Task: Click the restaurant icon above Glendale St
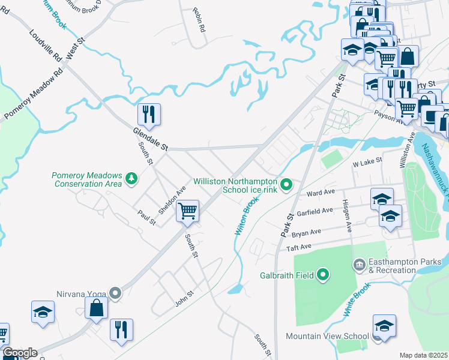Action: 149,113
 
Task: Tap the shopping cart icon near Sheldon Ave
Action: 188,211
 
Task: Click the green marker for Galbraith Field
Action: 323,275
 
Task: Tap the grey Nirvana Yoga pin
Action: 115,293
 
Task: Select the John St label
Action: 184,298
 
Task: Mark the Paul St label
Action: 146,217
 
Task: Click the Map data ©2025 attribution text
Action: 424,355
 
